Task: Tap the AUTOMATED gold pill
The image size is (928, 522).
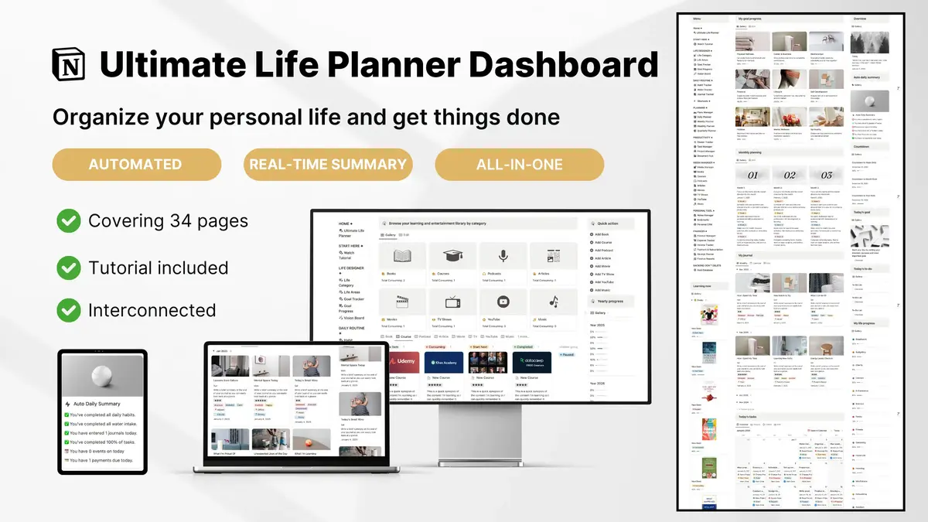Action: tap(135, 164)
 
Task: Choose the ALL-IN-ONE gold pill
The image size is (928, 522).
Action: tap(519, 164)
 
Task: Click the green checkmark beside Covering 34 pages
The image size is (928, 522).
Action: tap(69, 222)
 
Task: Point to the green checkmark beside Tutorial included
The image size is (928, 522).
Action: tap(69, 268)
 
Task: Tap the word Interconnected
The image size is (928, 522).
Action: tap(152, 310)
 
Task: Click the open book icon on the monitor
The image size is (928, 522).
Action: tap(402, 257)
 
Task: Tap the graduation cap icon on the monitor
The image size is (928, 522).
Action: tap(452, 257)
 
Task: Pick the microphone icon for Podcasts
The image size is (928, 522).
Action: tap(503, 257)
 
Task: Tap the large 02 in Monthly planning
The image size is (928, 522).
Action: tap(790, 176)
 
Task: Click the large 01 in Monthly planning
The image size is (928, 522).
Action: tap(752, 176)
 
